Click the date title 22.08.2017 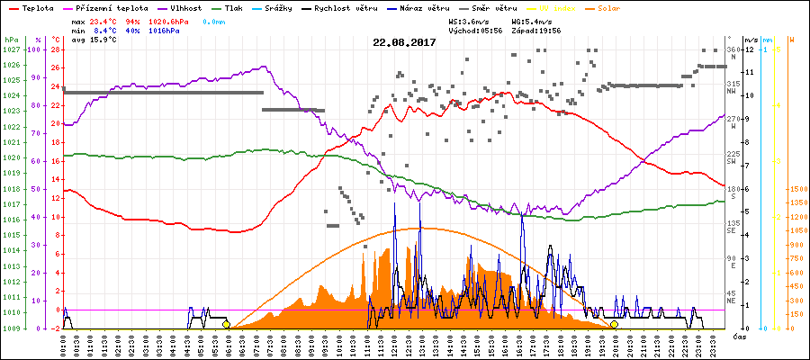click(404, 42)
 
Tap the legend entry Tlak click(233, 7)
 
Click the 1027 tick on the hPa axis click(11, 49)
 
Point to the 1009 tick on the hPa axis click(11, 328)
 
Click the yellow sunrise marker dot click(226, 325)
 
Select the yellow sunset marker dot click(614, 325)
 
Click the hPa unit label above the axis click(11, 40)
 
